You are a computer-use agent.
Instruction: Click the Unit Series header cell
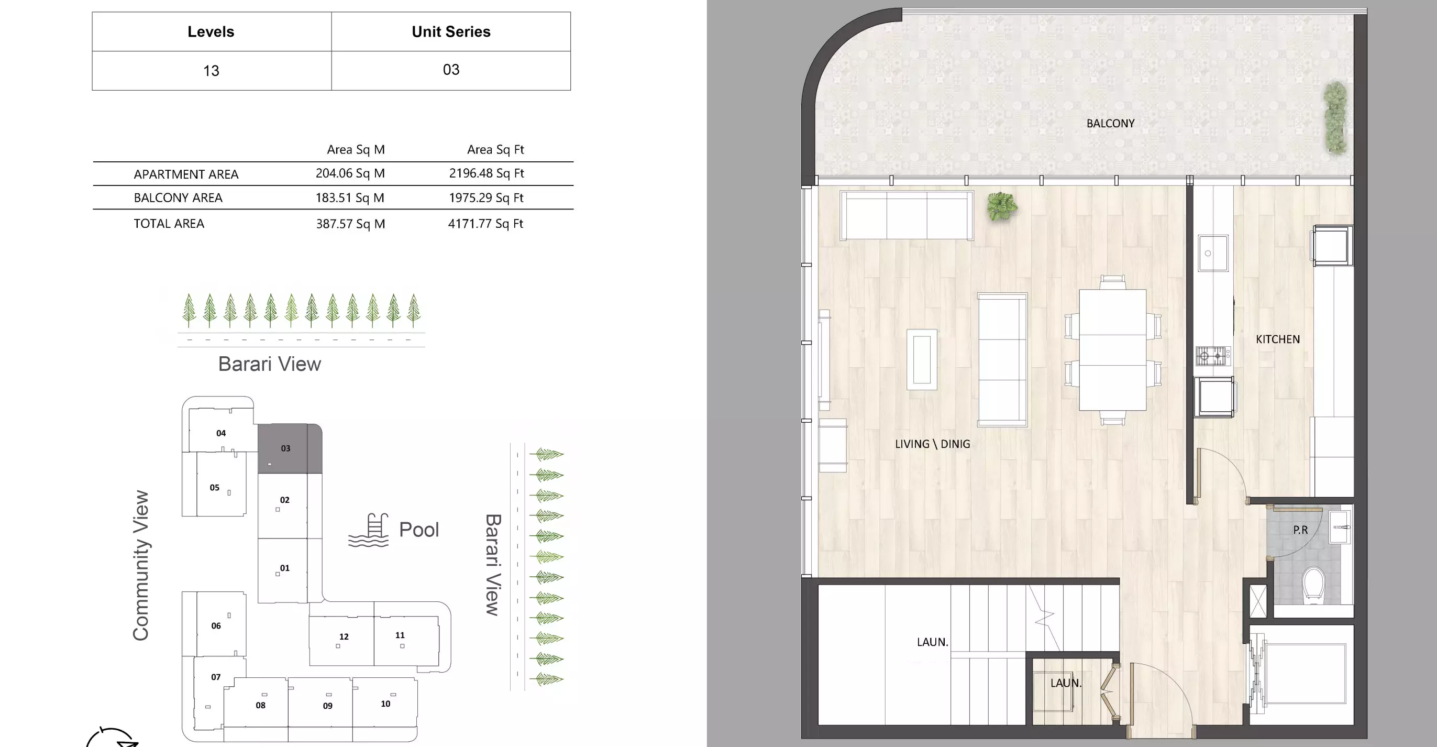click(451, 32)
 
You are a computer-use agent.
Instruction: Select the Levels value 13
click(211, 71)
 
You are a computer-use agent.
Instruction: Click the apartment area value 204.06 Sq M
click(350, 173)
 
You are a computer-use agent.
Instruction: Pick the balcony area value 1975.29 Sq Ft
click(486, 197)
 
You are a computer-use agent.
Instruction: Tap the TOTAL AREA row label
click(169, 224)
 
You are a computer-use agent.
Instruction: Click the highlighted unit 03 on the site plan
click(285, 448)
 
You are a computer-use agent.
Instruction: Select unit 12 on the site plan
click(344, 636)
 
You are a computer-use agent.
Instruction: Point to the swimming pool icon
click(369, 531)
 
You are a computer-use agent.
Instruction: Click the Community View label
click(140, 565)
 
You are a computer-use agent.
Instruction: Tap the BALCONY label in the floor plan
click(1110, 123)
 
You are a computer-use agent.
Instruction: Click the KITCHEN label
click(1277, 339)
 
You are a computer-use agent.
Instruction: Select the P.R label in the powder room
click(1300, 530)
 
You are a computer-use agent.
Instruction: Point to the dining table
click(1112, 350)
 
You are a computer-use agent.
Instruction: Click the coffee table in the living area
click(922, 359)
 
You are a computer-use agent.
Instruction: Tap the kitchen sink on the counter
click(1213, 252)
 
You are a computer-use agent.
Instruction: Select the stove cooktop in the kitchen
click(1212, 355)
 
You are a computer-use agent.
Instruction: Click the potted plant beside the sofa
click(1001, 206)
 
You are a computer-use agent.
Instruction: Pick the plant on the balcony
click(1335, 118)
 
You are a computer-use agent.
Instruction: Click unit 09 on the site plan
click(327, 706)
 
